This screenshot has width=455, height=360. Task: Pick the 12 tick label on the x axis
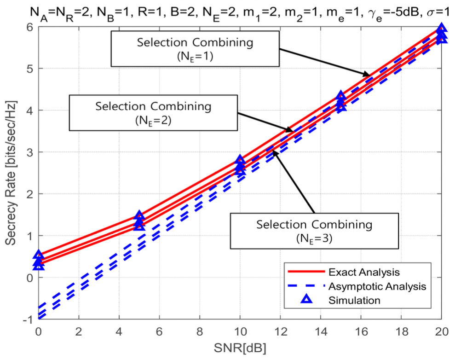(x=280, y=330)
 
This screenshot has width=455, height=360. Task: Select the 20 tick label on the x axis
(x=441, y=330)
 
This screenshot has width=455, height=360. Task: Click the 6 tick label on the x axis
(x=159, y=330)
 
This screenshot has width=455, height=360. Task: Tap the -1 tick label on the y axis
(x=28, y=319)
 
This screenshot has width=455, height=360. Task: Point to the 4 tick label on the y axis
(x=29, y=110)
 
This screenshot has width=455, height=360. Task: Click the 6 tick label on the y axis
(x=29, y=27)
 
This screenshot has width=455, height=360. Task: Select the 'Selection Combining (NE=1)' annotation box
(x=195, y=48)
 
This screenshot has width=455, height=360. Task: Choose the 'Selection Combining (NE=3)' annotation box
(x=314, y=230)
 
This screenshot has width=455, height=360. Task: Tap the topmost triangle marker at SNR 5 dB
(x=139, y=215)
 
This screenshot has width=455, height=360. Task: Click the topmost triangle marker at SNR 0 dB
(x=39, y=255)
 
